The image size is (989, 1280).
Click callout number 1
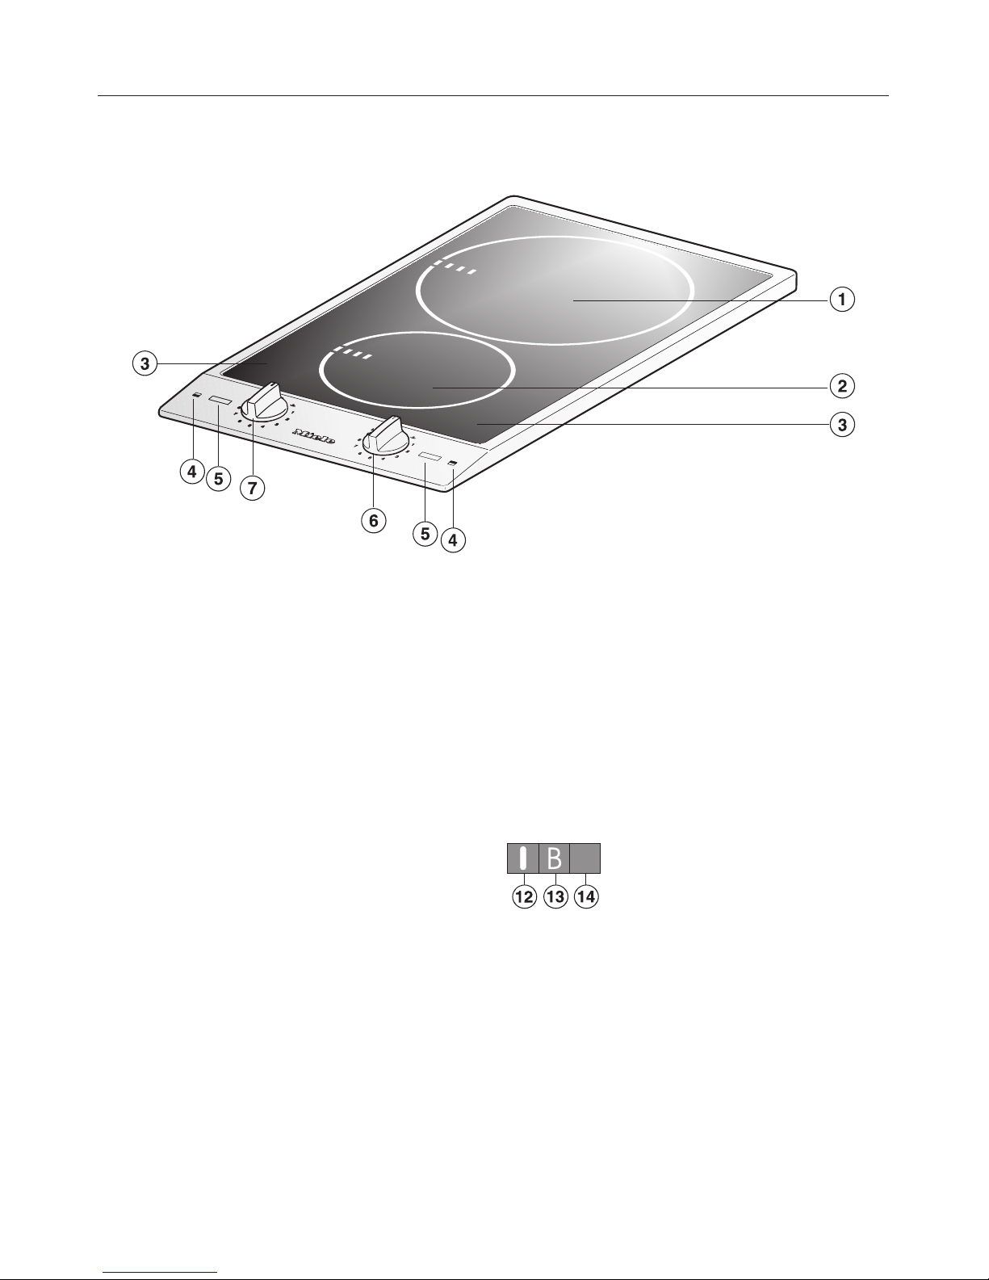pos(842,300)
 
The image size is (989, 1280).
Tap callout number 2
pos(842,385)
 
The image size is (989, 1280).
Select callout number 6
pos(373,521)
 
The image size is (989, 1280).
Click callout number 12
pos(524,898)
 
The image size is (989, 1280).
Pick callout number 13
pos(555,898)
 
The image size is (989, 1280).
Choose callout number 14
pos(586,898)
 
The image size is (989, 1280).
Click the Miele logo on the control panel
pos(312,434)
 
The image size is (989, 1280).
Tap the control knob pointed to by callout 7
pos(262,401)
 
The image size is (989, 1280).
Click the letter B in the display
pos(554,858)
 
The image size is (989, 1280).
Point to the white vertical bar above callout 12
pos(523,858)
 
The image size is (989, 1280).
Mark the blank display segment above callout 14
pos(585,858)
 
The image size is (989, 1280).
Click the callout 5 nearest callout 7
pos(217,478)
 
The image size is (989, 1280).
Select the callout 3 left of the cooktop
pos(145,364)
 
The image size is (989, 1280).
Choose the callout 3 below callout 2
pos(842,424)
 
